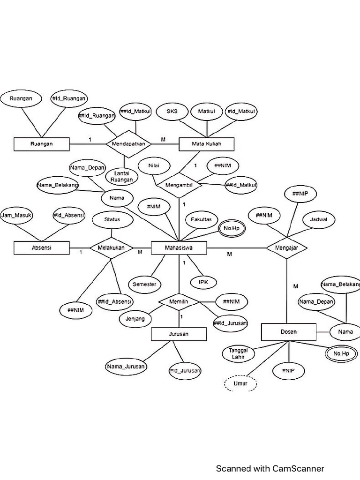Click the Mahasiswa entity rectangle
[179, 247]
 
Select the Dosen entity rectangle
[288, 332]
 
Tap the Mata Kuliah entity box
[207, 144]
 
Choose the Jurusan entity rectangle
[179, 334]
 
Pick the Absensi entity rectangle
[42, 247]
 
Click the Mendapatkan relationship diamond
[129, 143]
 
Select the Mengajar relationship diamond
[286, 247]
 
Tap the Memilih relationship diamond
[179, 302]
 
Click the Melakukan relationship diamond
[112, 247]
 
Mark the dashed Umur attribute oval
[240, 383]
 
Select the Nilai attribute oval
[153, 166]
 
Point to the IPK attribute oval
[203, 282]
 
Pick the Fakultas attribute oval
[201, 219]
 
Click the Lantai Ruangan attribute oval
[120, 176]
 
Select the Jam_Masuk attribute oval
[16, 215]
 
